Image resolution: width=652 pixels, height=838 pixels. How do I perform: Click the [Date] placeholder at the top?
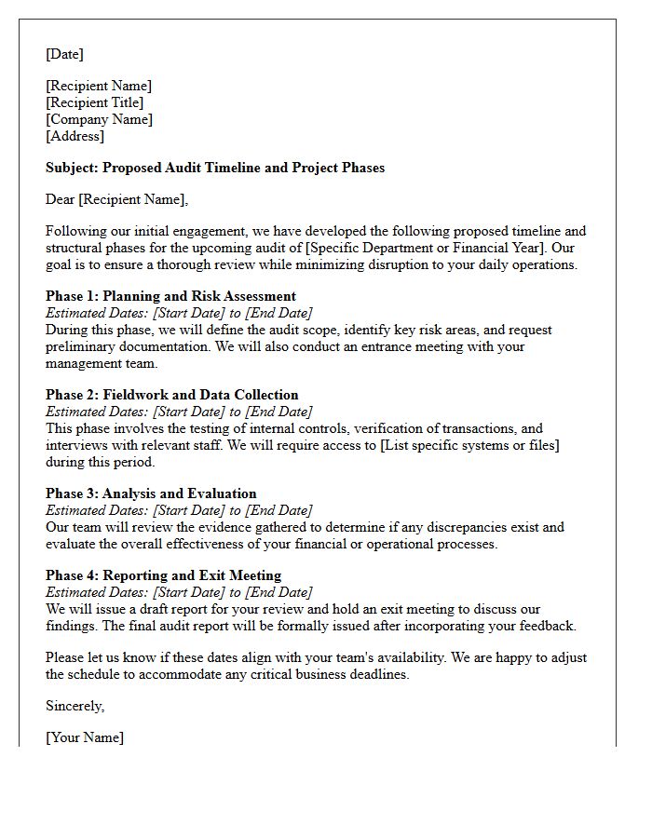[64, 54]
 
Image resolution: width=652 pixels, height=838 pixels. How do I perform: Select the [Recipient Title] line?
[94, 102]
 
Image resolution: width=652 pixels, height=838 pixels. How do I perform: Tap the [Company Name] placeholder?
[99, 119]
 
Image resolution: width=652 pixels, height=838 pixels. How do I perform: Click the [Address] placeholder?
[75, 136]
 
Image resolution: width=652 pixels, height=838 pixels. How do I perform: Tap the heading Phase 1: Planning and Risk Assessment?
[170, 296]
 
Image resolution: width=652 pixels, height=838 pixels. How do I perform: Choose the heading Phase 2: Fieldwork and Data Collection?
[172, 395]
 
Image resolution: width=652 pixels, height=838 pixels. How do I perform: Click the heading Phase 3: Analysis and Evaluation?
[151, 493]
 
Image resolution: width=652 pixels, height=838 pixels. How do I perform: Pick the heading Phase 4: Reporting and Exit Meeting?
[163, 575]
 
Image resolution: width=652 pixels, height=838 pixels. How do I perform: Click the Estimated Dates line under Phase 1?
[179, 313]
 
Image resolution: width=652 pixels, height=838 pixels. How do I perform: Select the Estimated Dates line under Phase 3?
[179, 510]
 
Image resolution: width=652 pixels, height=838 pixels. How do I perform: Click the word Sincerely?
[75, 706]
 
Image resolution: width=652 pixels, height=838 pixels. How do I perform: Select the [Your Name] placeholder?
[85, 737]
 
